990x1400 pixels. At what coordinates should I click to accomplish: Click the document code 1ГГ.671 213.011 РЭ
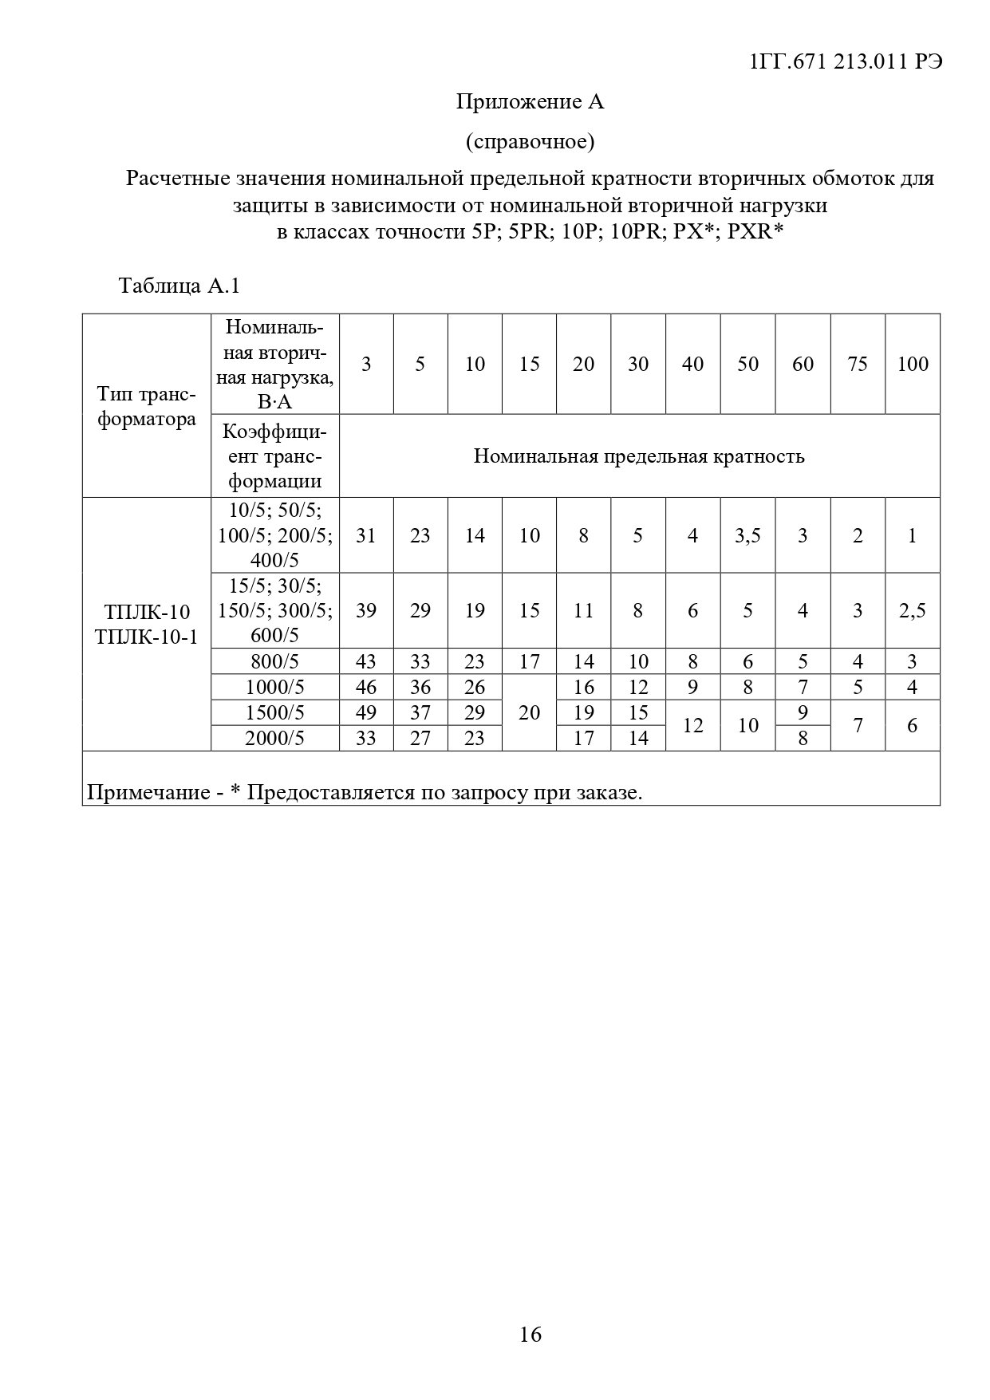846,61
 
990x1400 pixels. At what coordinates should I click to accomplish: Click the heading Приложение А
530,102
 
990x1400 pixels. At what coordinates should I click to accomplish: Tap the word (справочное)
530,142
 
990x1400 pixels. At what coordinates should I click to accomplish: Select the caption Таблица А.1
179,286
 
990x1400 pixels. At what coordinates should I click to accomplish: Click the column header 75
858,364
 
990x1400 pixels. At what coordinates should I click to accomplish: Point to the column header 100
913,364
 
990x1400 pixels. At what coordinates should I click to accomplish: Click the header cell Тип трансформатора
147,407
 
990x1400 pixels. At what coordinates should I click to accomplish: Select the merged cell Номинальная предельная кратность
639,456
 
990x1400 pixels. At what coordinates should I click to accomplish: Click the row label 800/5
274,661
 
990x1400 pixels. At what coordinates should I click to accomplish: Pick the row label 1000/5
274,687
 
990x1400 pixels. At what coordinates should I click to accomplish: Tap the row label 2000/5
274,738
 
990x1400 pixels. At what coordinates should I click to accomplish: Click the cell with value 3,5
747,535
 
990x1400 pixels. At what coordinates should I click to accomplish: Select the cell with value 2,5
913,610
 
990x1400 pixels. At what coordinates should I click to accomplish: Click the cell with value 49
366,712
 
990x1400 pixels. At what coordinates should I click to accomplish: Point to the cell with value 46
366,687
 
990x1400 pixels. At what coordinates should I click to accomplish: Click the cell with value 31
366,535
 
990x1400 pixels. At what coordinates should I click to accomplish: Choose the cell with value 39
366,610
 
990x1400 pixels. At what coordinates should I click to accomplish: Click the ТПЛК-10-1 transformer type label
147,637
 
